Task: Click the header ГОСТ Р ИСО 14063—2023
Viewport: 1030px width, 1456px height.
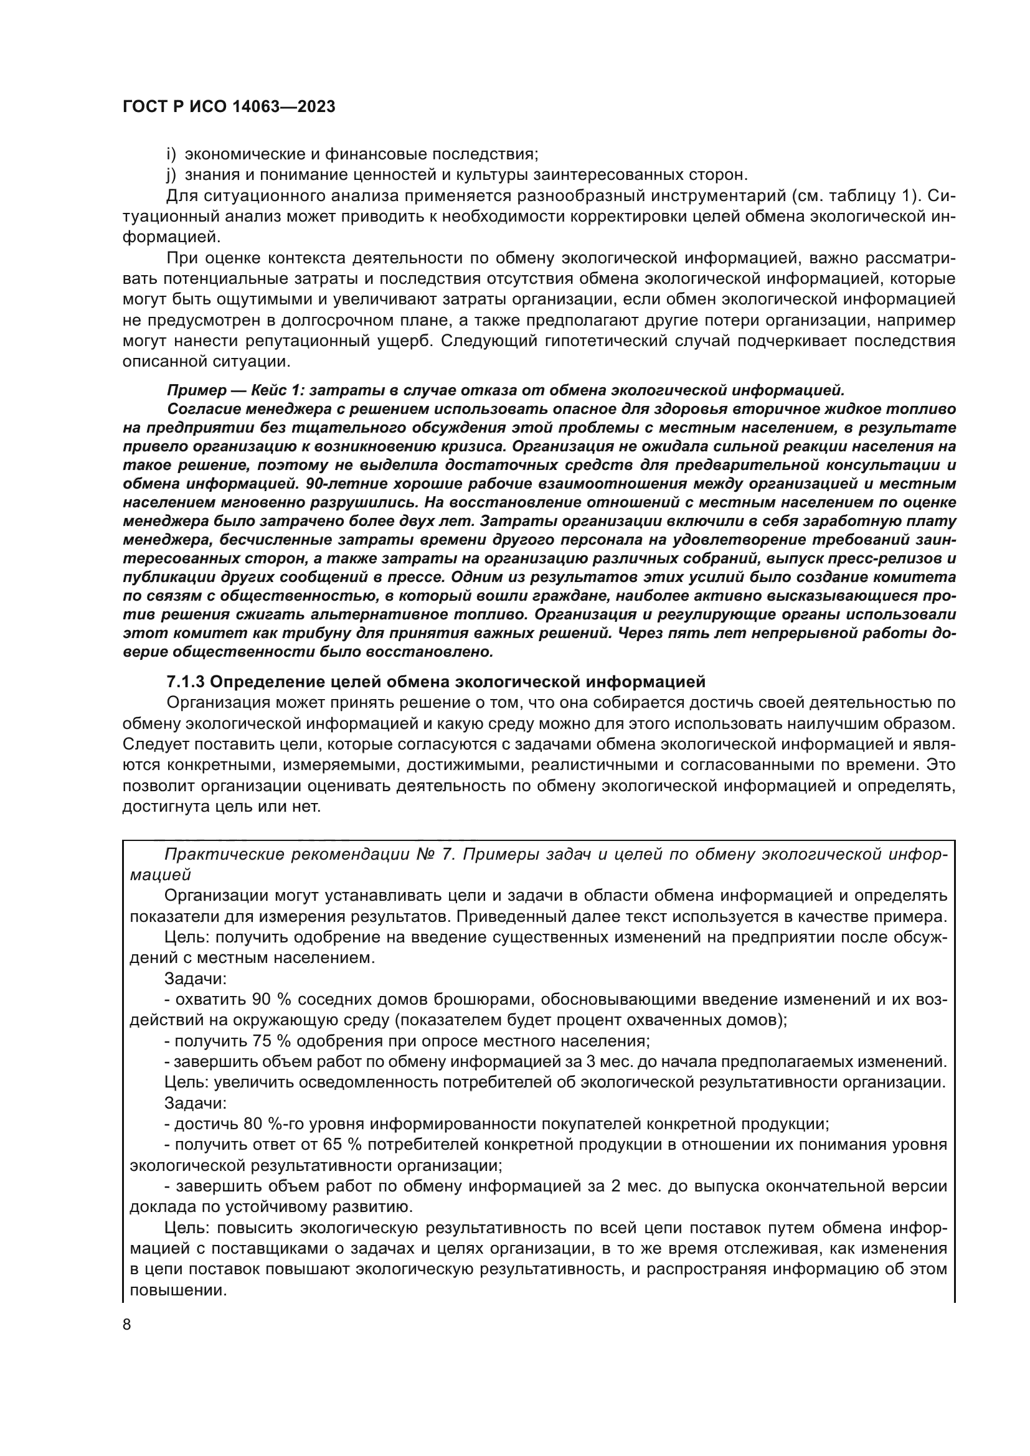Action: [229, 107]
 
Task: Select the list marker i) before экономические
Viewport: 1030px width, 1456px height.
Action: [170, 154]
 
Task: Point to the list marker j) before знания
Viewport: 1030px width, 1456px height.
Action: [170, 174]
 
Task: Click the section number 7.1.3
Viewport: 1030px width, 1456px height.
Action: [185, 682]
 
